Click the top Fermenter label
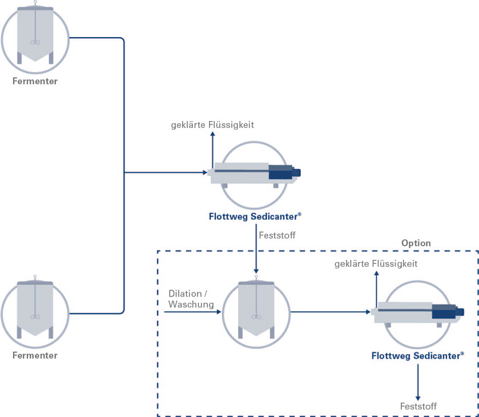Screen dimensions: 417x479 pyautogui.click(x=35, y=81)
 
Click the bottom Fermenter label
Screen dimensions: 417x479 pyautogui.click(x=35, y=355)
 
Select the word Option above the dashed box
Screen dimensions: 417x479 pyautogui.click(x=416, y=243)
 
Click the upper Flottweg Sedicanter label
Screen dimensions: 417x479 pyautogui.click(x=255, y=216)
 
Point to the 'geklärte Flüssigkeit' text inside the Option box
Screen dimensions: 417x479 pyautogui.click(x=376, y=264)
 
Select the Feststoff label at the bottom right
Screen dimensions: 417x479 pyautogui.click(x=418, y=407)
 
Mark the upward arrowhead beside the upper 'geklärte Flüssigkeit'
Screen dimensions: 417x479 pyautogui.click(x=212, y=134)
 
